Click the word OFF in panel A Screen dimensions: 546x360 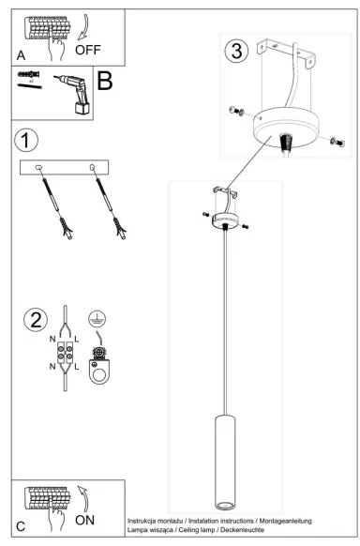click(x=88, y=49)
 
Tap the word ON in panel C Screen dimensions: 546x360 click(x=84, y=518)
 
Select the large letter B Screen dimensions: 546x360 click(x=104, y=82)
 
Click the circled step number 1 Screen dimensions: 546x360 click(x=26, y=141)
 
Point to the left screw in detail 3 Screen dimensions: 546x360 click(x=235, y=113)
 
